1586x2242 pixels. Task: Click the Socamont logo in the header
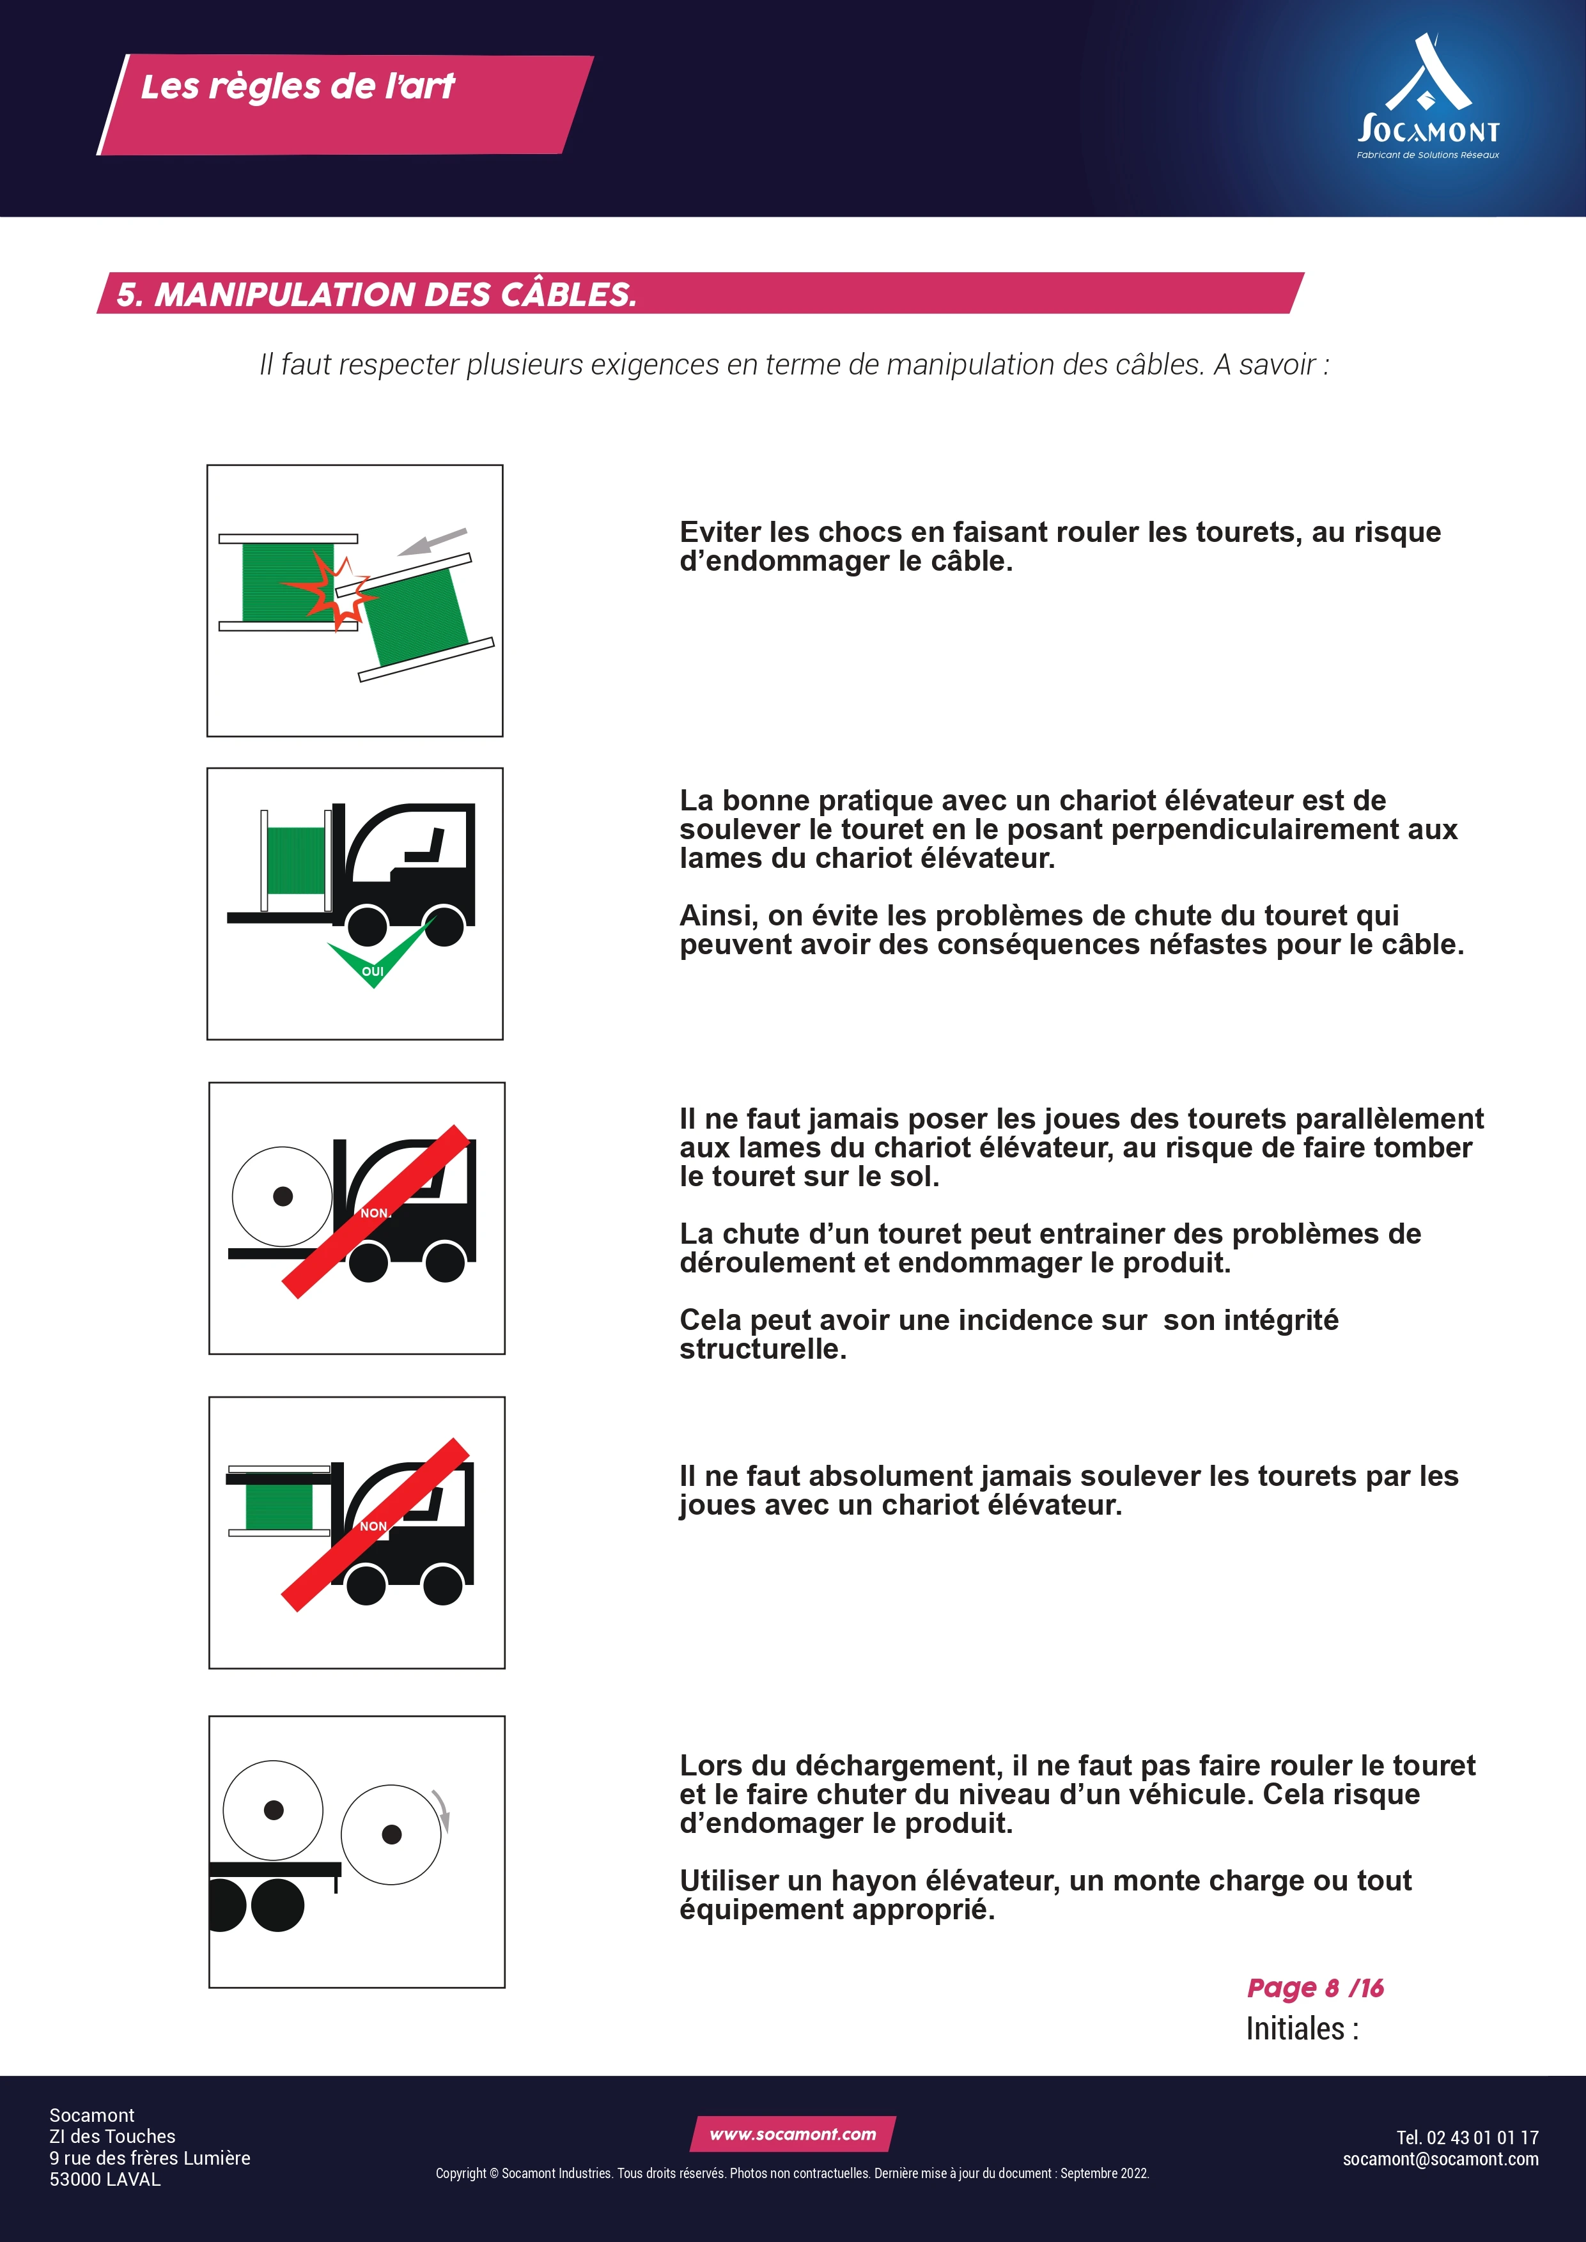click(x=1428, y=98)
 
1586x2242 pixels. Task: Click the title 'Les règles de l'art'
click(x=298, y=87)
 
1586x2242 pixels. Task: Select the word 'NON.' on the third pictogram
click(x=376, y=1213)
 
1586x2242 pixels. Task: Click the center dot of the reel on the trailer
click(x=274, y=1809)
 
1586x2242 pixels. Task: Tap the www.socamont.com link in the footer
click(x=793, y=2133)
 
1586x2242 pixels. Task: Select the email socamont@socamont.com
click(x=1440, y=2158)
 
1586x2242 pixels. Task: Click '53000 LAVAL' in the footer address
click(x=105, y=2179)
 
